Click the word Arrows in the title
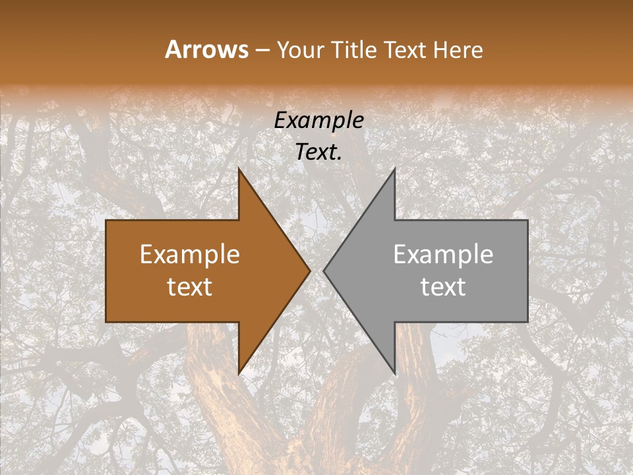(207, 49)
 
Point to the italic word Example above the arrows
(319, 121)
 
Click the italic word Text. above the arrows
(319, 152)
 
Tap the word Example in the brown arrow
(190, 255)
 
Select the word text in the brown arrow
(190, 287)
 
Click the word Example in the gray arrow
(443, 255)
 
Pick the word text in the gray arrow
(443, 287)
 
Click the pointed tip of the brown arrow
(309, 270)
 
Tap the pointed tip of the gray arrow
(324, 270)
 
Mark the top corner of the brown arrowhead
(239, 169)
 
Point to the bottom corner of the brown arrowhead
(239, 373)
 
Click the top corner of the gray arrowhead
(394, 169)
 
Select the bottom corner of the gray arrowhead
(394, 373)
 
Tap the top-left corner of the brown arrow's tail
(106, 220)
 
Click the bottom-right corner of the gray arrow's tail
(527, 321)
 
